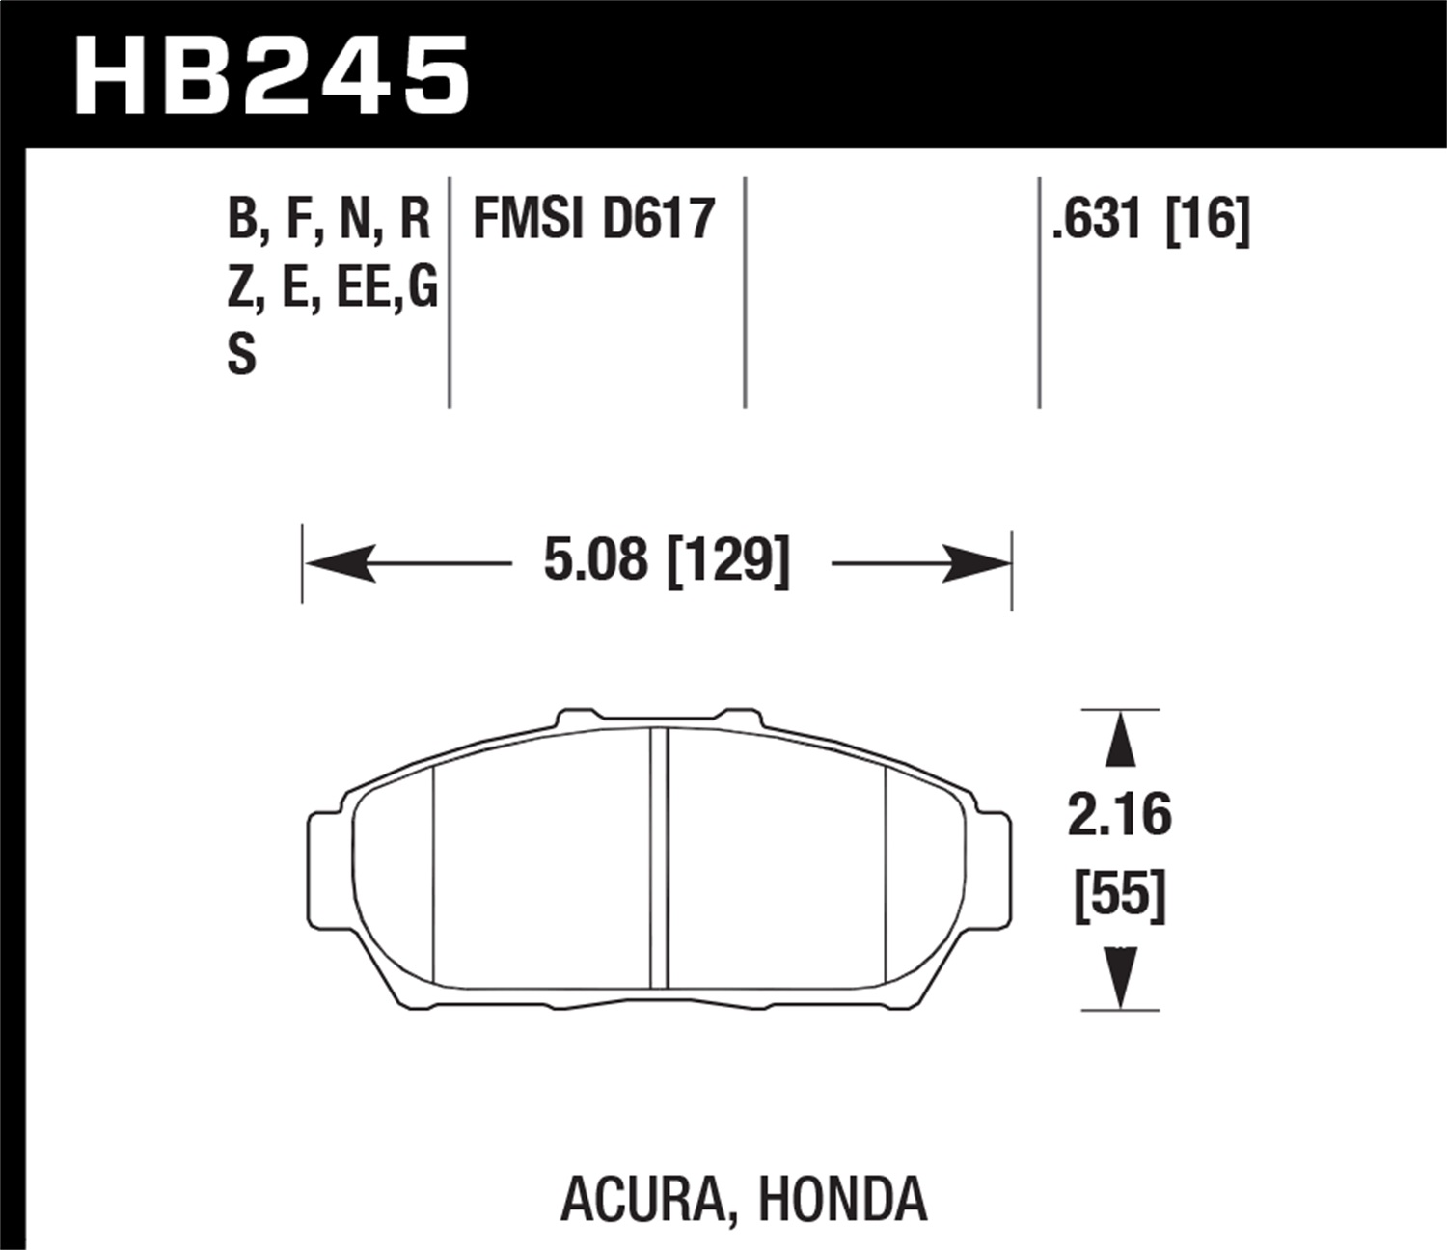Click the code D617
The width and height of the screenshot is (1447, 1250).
click(659, 219)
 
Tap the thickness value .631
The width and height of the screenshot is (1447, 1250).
click(1097, 219)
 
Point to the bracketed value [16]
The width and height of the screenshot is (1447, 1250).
click(1208, 219)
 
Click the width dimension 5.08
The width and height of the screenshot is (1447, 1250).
click(595, 559)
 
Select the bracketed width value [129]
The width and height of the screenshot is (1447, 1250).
click(728, 559)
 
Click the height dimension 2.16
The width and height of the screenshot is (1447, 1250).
click(1119, 815)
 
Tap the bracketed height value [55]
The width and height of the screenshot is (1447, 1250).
click(1120, 895)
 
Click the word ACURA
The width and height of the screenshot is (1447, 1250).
click(642, 1199)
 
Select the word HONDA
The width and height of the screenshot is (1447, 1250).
click(842, 1199)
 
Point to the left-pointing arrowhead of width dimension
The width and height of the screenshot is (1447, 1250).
click(338, 563)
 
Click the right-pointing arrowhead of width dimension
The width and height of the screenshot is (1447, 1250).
click(976, 563)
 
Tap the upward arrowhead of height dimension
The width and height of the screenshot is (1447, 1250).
click(1119, 740)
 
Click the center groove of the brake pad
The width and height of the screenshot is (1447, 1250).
click(659, 858)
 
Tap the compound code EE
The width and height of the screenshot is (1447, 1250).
click(361, 287)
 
